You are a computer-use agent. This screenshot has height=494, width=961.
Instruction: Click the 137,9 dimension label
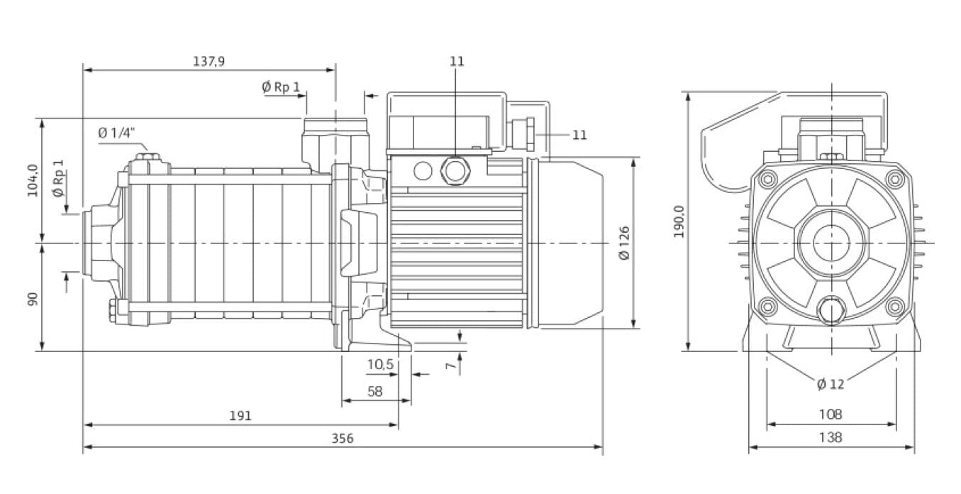pyautogui.click(x=209, y=61)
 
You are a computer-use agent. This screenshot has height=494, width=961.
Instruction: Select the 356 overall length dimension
pyautogui.click(x=343, y=438)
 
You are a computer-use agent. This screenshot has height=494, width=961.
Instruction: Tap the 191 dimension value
pyautogui.click(x=240, y=415)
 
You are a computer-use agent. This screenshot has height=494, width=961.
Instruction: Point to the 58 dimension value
pyautogui.click(x=376, y=391)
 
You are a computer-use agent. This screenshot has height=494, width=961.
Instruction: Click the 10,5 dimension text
pyautogui.click(x=380, y=364)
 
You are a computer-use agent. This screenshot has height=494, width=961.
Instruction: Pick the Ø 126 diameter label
pyautogui.click(x=624, y=243)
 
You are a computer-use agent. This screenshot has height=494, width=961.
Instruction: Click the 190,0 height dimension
pyautogui.click(x=679, y=221)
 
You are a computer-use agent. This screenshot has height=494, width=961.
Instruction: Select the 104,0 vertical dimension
pyautogui.click(x=32, y=180)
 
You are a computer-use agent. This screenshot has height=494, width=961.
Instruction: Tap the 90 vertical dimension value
pyautogui.click(x=32, y=299)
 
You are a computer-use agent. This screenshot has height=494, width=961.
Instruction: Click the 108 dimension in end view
pyautogui.click(x=830, y=414)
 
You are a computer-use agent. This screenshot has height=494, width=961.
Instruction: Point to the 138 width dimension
pyautogui.click(x=830, y=437)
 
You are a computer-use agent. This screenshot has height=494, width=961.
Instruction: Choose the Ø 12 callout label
pyautogui.click(x=831, y=384)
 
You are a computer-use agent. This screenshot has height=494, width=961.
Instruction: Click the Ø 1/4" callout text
pyautogui.click(x=116, y=133)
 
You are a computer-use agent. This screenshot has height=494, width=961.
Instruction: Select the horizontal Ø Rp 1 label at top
pyautogui.click(x=281, y=87)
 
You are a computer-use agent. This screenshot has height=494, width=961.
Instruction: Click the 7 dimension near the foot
pyautogui.click(x=449, y=366)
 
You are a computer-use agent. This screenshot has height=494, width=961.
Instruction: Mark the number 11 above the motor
pyautogui.click(x=457, y=61)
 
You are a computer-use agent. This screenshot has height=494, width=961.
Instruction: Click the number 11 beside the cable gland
pyautogui.click(x=579, y=134)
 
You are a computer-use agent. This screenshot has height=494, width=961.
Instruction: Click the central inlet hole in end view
pyautogui.click(x=831, y=243)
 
